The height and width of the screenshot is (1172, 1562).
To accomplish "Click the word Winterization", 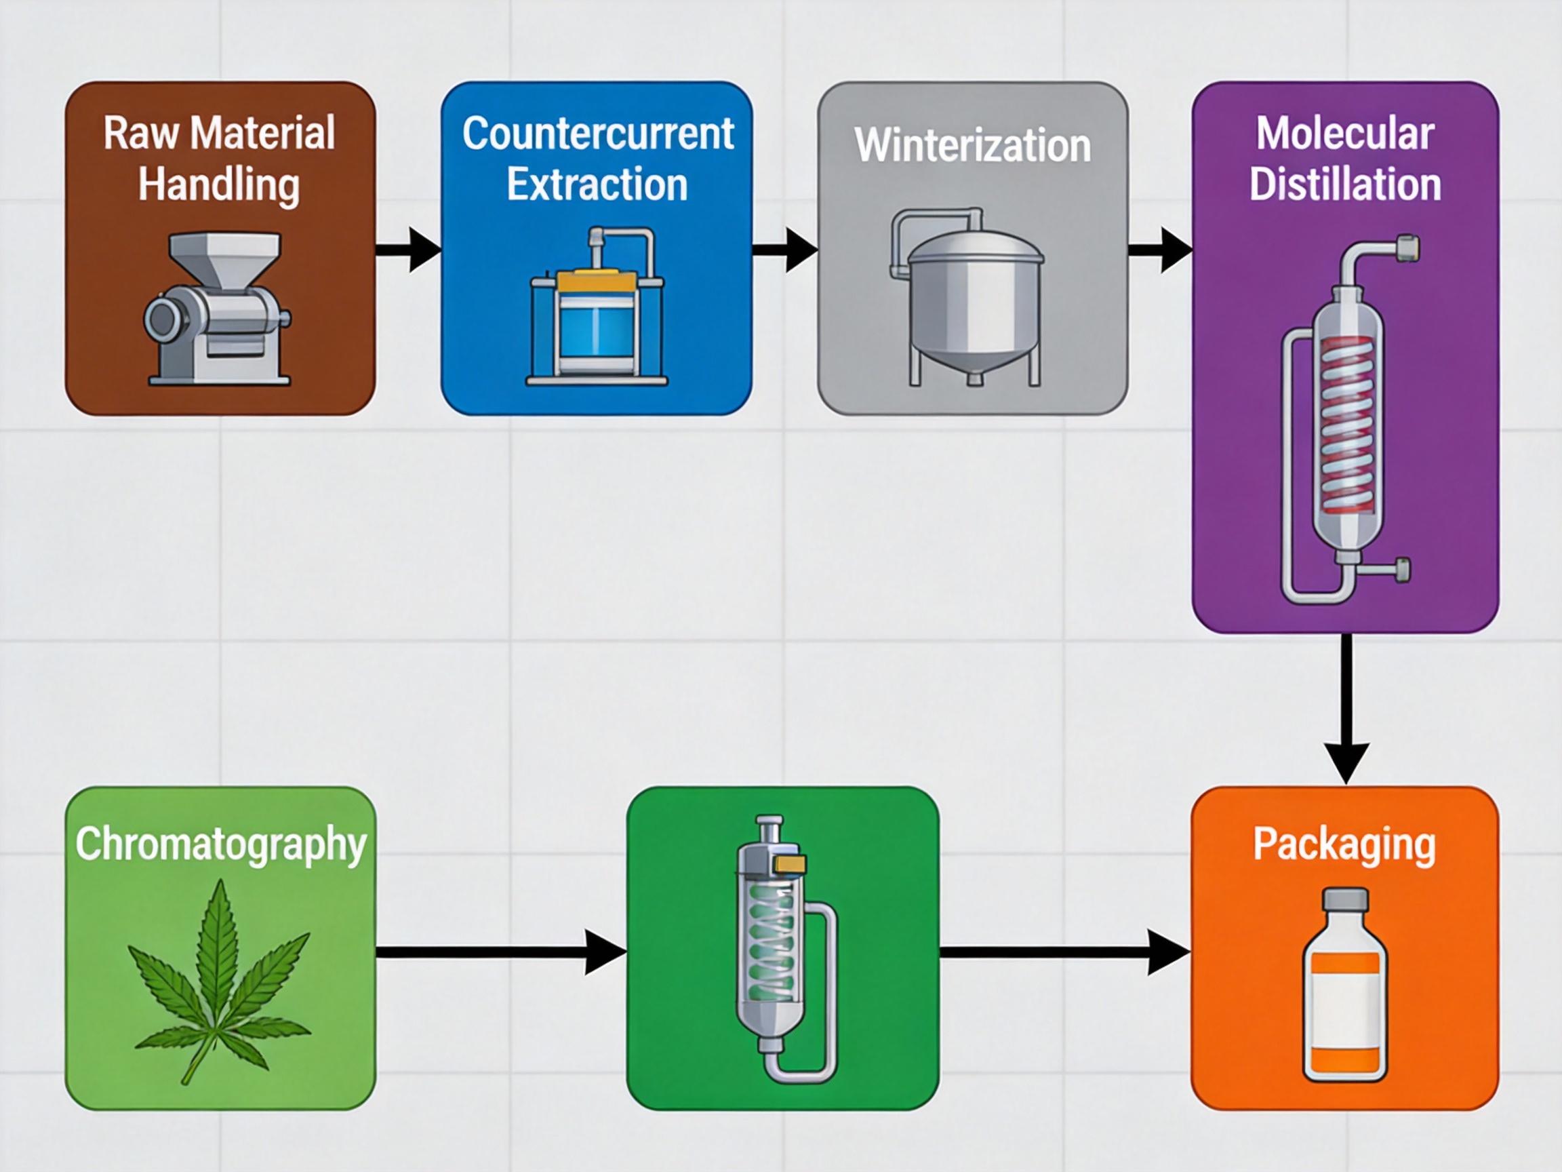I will tap(972, 146).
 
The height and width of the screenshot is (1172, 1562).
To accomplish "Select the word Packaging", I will tap(1344, 845).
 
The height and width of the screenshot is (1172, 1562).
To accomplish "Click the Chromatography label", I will tap(220, 844).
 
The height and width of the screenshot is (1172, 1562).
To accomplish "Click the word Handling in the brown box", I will tap(219, 184).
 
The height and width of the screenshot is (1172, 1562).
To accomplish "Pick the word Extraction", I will tap(597, 184).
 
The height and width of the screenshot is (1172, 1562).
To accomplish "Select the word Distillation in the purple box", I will tap(1344, 184).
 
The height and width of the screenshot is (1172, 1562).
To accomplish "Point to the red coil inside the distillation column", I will tap(1347, 424).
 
